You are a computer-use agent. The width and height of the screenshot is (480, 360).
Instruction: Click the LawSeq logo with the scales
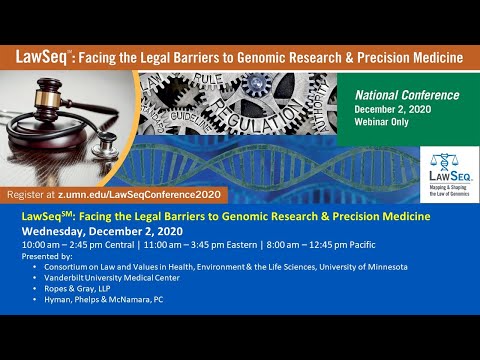pos(446,170)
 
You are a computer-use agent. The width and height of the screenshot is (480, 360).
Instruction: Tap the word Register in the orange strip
pos(33,194)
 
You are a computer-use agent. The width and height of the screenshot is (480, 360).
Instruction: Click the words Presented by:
pos(49,255)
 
